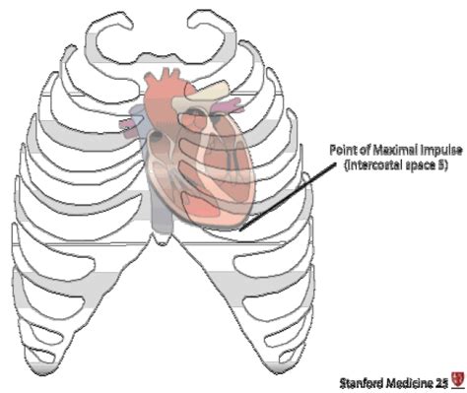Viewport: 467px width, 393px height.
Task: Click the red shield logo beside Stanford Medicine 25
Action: tap(456, 375)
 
